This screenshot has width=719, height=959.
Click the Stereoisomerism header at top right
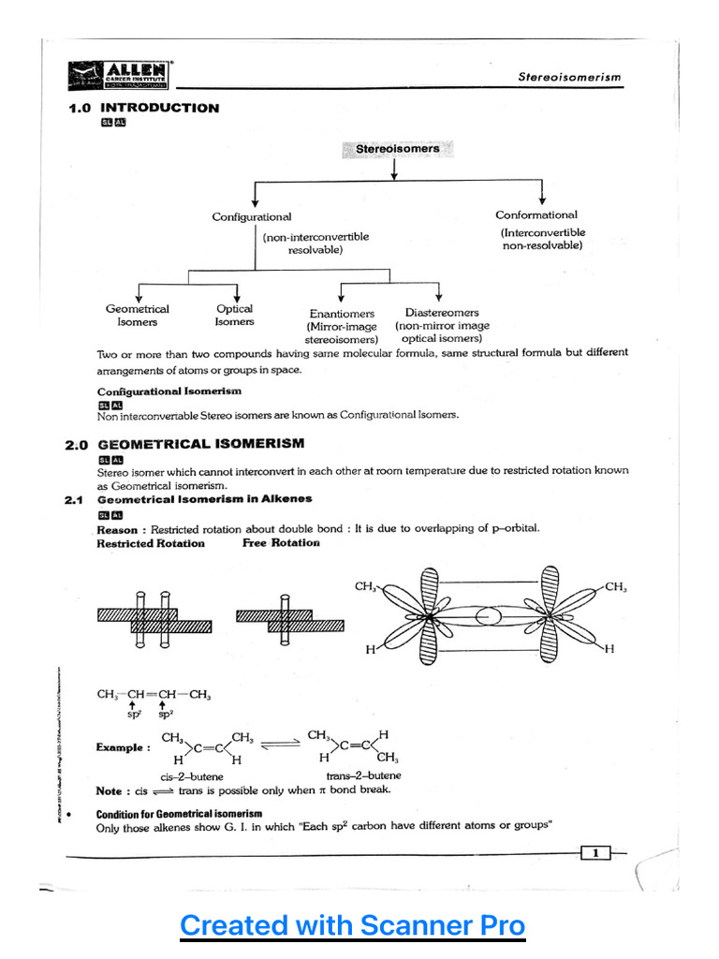tap(569, 78)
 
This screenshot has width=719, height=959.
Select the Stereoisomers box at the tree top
tap(397, 149)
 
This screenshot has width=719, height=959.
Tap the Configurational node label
tap(252, 217)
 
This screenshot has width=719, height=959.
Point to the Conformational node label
tap(536, 214)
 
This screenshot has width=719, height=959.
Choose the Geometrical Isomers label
tap(138, 316)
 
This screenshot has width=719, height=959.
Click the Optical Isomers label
tap(234, 316)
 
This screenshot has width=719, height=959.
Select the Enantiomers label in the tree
tap(342, 314)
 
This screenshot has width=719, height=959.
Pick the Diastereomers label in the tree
tap(442, 313)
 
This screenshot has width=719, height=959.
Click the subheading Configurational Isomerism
tap(169, 391)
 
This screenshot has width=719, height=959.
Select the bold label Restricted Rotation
tap(151, 543)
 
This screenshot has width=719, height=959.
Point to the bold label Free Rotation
tap(281, 543)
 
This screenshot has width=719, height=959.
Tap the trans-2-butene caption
tap(363, 775)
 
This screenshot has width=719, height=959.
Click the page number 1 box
tap(595, 852)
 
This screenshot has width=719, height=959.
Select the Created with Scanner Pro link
tap(353, 926)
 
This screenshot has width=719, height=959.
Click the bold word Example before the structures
tap(123, 748)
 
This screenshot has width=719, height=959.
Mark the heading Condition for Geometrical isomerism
tap(180, 814)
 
